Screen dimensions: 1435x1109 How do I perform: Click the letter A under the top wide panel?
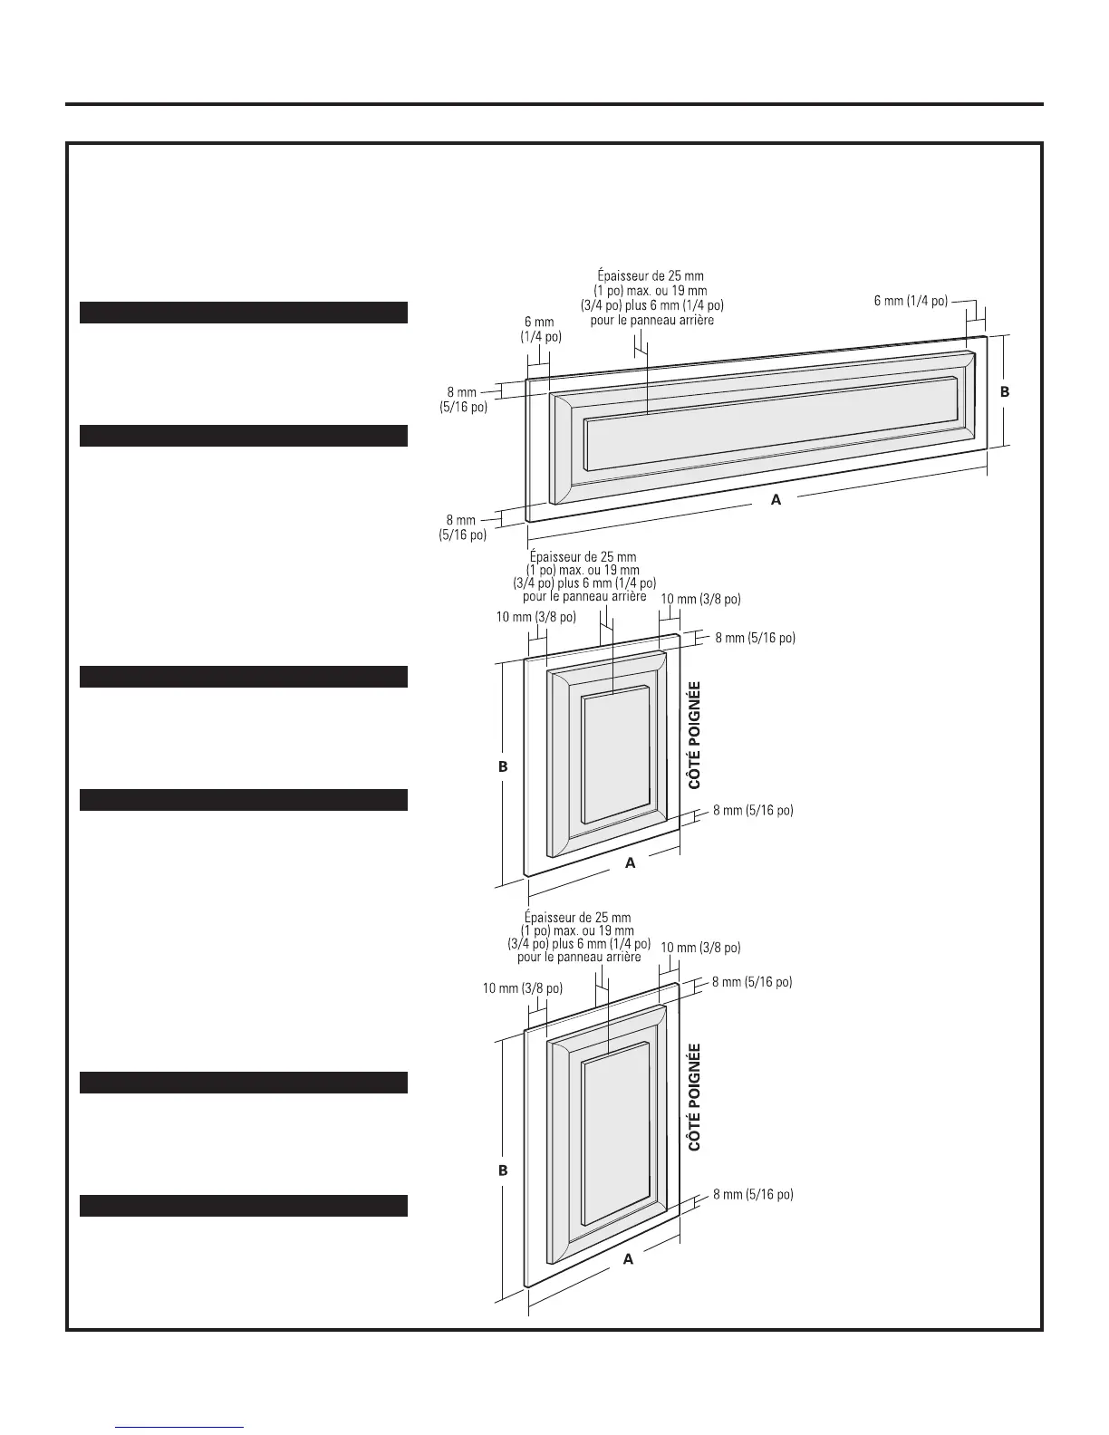tap(776, 499)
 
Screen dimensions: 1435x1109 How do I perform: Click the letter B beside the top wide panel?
tap(1004, 392)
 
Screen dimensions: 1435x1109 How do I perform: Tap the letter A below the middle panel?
tap(631, 863)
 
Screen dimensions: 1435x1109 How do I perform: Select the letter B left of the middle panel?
tap(504, 766)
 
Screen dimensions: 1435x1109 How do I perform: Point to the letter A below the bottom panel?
tap(628, 1259)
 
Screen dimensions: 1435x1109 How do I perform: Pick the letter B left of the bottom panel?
tap(504, 1170)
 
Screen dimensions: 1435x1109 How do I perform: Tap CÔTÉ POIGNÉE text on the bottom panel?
tap(695, 1097)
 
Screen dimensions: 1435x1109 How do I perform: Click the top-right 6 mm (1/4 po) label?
tap(911, 301)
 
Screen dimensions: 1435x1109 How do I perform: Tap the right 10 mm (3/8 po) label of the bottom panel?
tap(700, 948)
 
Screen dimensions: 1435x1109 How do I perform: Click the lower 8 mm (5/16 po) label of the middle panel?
tap(753, 811)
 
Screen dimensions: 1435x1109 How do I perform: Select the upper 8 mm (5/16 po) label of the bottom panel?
tap(752, 982)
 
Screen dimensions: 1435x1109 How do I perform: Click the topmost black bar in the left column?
tap(244, 313)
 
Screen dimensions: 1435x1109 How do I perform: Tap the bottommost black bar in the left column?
tap(244, 1205)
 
